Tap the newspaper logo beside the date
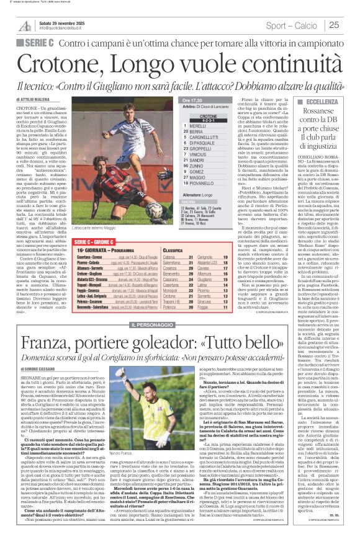coord(25,25)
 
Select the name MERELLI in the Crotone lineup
coord(200,126)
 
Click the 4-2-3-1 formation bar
coord(209,120)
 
